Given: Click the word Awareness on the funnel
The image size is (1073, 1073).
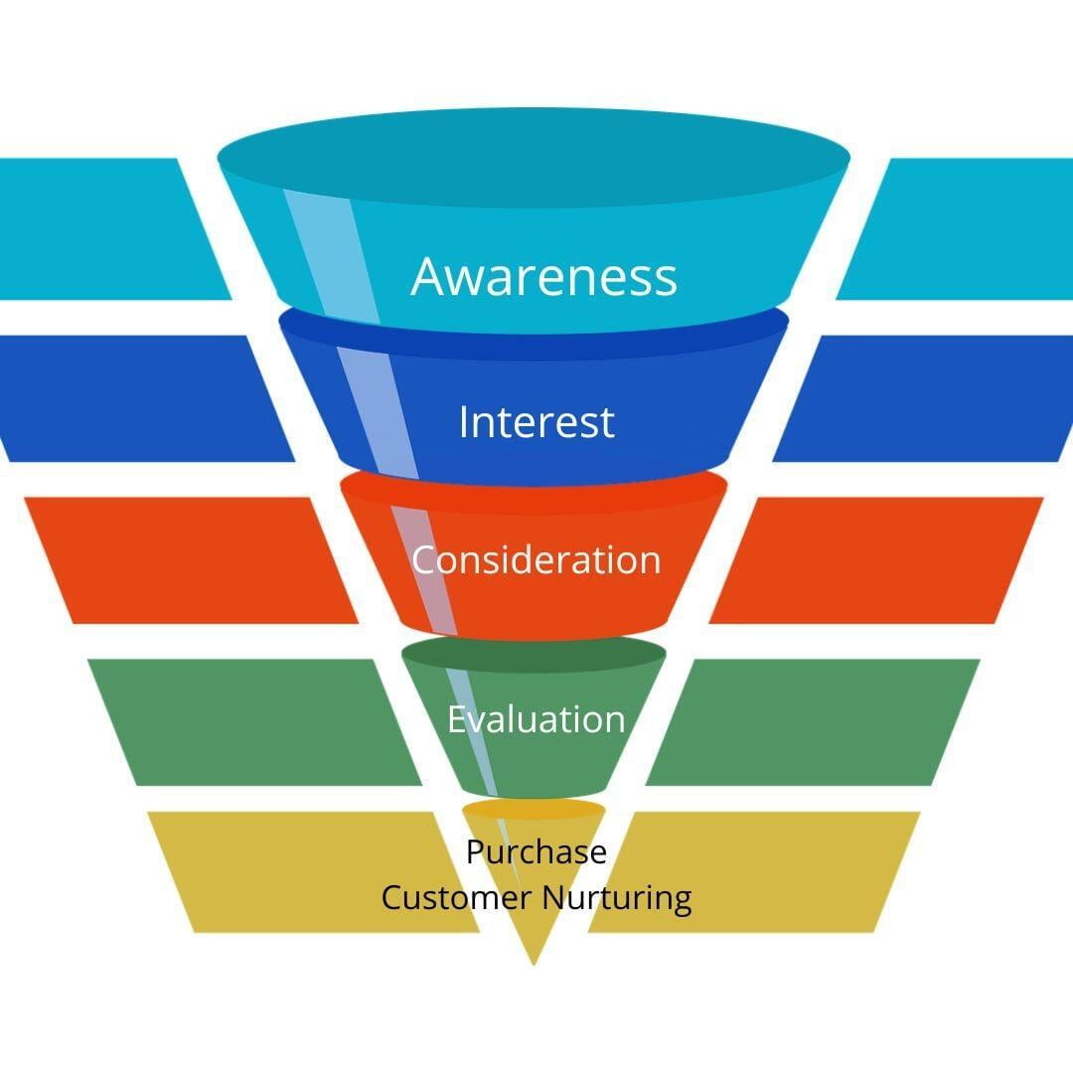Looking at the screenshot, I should pos(543,276).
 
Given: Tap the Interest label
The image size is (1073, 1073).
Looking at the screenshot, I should pos(536,422).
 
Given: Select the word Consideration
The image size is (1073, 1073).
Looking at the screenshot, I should pos(536,560).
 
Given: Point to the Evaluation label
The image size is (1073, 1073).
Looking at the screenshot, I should pos(536,719).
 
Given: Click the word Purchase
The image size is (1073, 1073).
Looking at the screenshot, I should pos(536,852).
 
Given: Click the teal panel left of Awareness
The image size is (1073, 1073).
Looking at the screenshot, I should pos(99,229).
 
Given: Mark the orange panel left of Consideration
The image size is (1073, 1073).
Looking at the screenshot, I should pos(189,560).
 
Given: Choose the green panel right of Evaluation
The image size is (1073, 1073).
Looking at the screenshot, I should pos(815,721).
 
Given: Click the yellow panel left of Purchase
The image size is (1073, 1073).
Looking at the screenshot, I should pos(308,871).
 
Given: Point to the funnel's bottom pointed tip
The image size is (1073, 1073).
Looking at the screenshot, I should pos(534,959).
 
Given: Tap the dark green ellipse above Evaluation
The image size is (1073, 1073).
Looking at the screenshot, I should pos(534,654).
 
